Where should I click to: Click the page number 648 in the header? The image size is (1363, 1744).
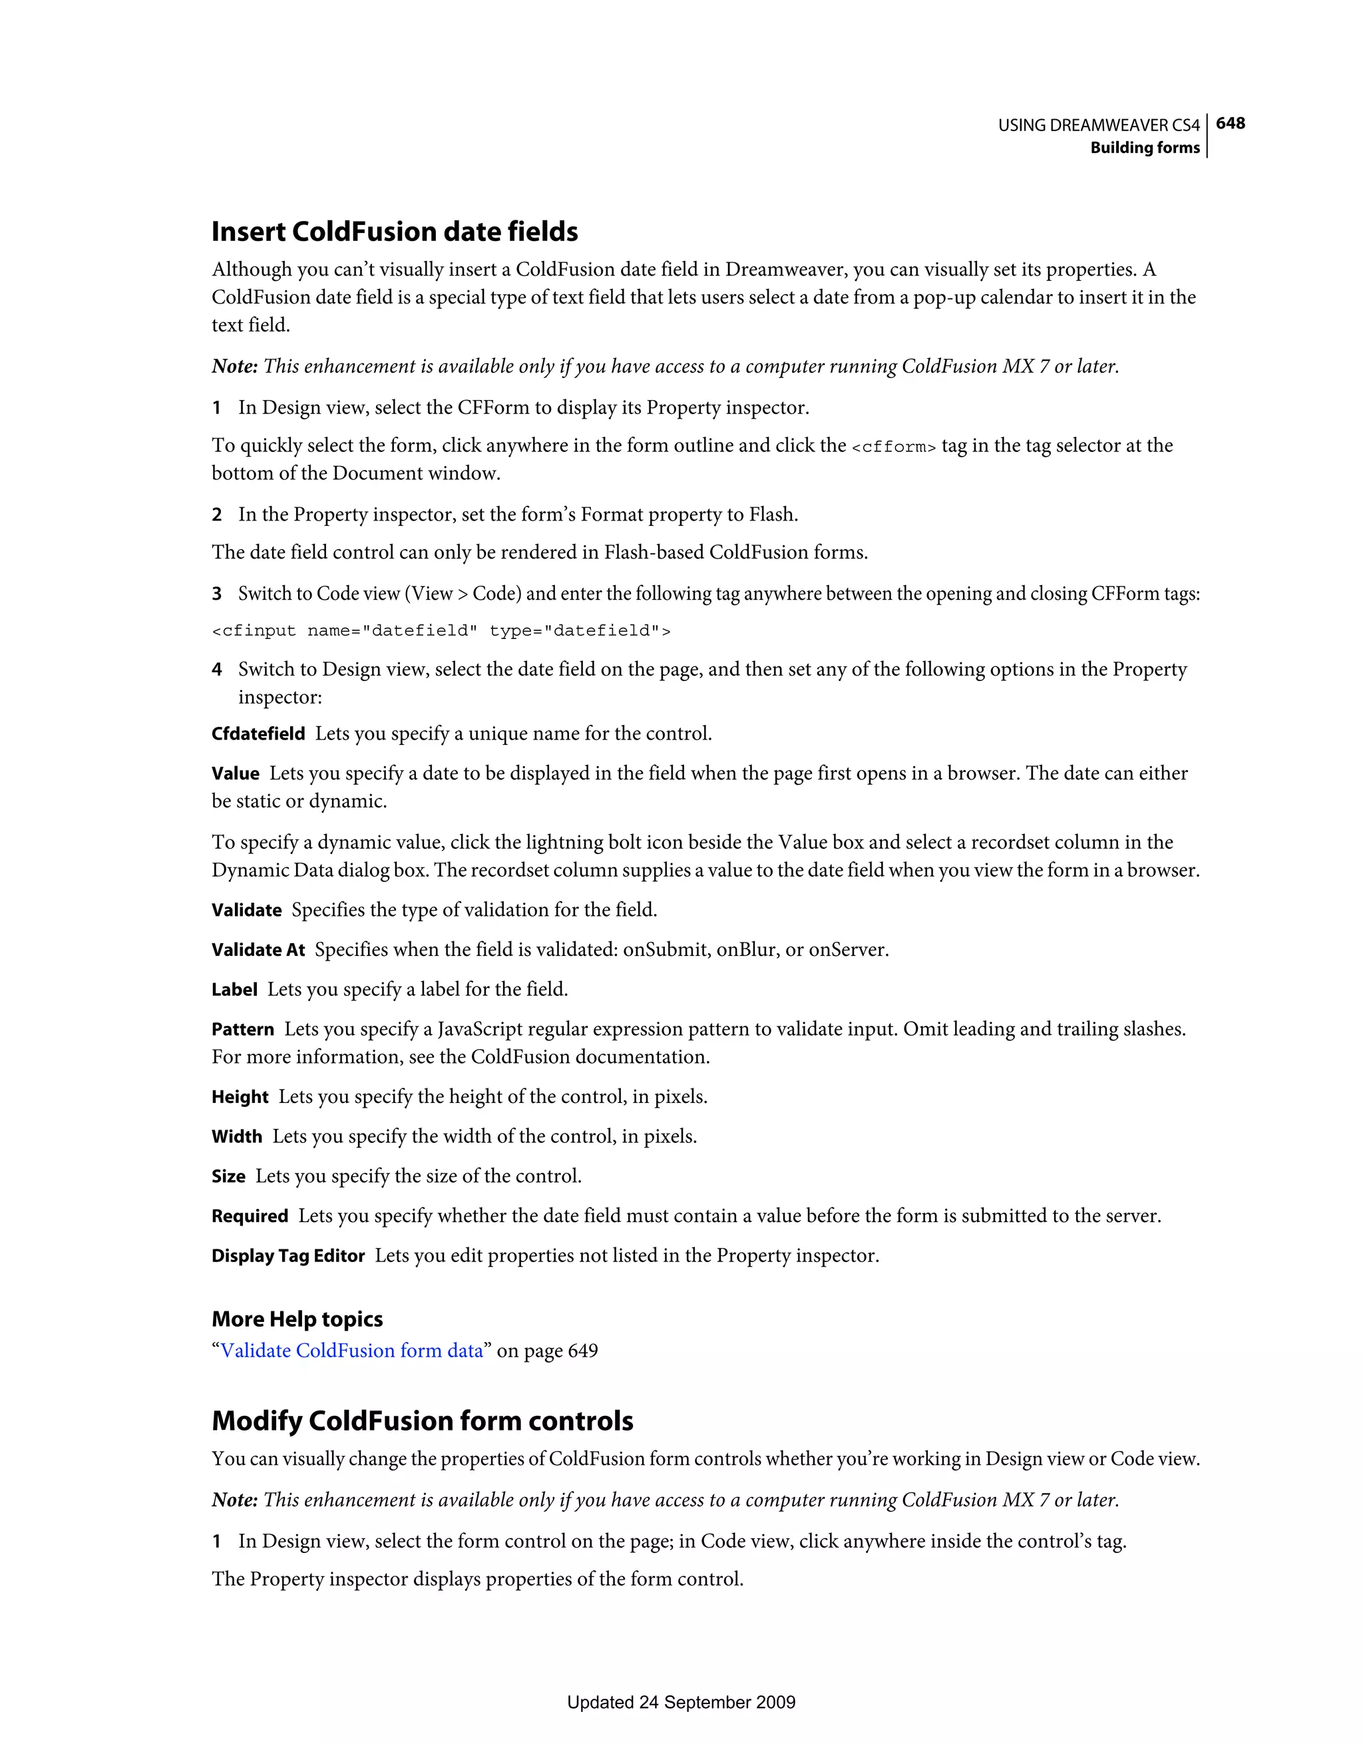[1230, 123]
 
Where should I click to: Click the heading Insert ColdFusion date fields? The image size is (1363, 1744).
[395, 232]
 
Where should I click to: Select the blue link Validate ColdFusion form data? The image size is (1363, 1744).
[351, 1351]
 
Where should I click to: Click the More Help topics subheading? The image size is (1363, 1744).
[297, 1319]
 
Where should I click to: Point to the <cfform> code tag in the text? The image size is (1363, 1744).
[894, 447]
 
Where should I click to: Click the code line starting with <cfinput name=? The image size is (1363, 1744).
[441, 631]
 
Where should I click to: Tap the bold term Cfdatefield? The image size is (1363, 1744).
[258, 734]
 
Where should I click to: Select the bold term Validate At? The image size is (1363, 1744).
[258, 951]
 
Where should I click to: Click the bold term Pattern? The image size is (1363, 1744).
[243, 1029]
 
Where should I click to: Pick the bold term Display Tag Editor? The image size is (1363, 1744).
[288, 1256]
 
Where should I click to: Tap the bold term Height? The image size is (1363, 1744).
[240, 1097]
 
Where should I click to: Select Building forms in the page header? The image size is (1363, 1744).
[1144, 148]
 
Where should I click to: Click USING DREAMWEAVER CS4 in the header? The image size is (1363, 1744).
[1099, 125]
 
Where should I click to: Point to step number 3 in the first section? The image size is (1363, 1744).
[216, 594]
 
